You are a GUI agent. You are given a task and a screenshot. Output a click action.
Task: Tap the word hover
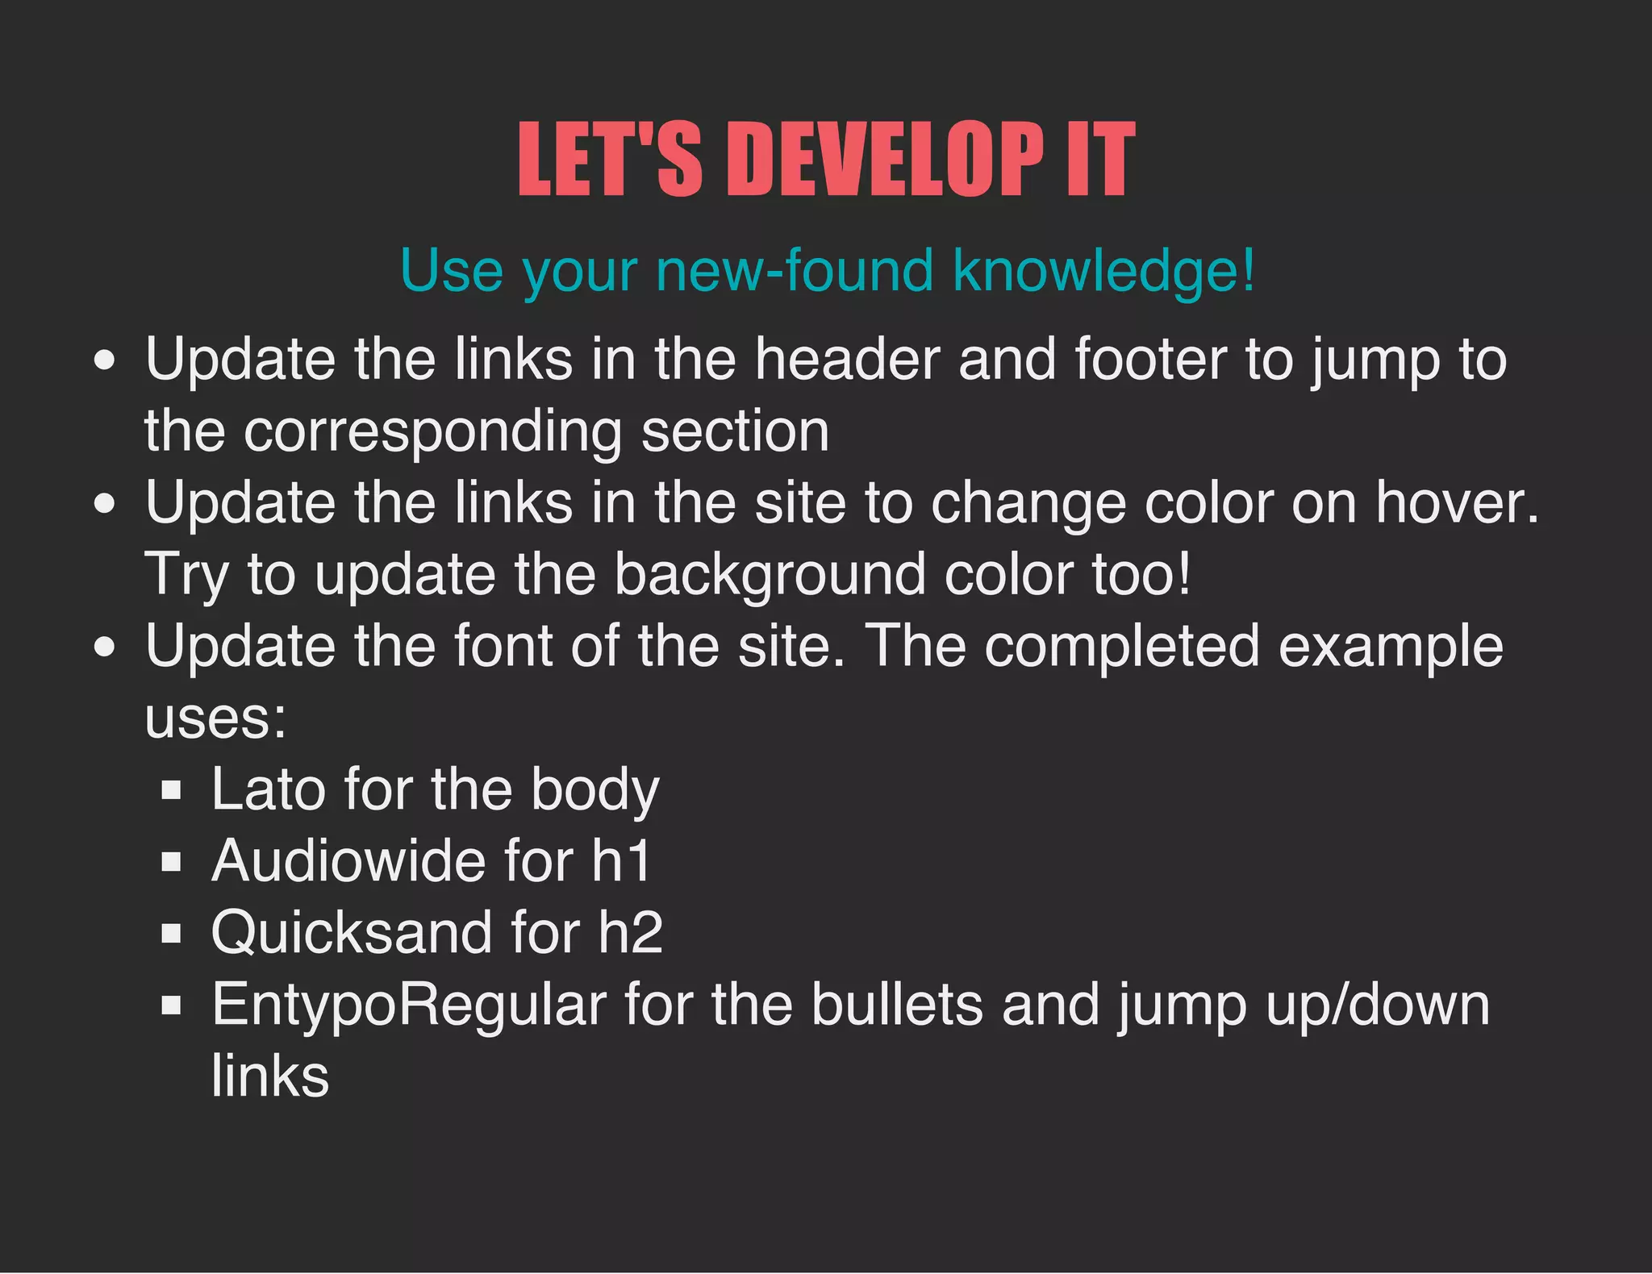[x=1457, y=503]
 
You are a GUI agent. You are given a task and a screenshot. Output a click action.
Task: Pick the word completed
[x=1122, y=647]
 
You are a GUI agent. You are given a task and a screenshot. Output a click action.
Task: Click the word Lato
[x=268, y=789]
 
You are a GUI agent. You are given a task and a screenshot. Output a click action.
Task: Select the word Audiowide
[x=348, y=861]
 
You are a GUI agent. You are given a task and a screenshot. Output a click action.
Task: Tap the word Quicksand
[x=351, y=933]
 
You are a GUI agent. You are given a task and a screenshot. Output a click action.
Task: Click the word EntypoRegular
[x=409, y=1005]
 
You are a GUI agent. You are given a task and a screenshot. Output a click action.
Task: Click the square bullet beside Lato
[x=171, y=789]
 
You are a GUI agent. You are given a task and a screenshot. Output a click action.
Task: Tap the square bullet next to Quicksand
[x=171, y=934]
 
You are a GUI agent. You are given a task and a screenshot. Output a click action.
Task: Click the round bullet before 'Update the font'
[x=104, y=647]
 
